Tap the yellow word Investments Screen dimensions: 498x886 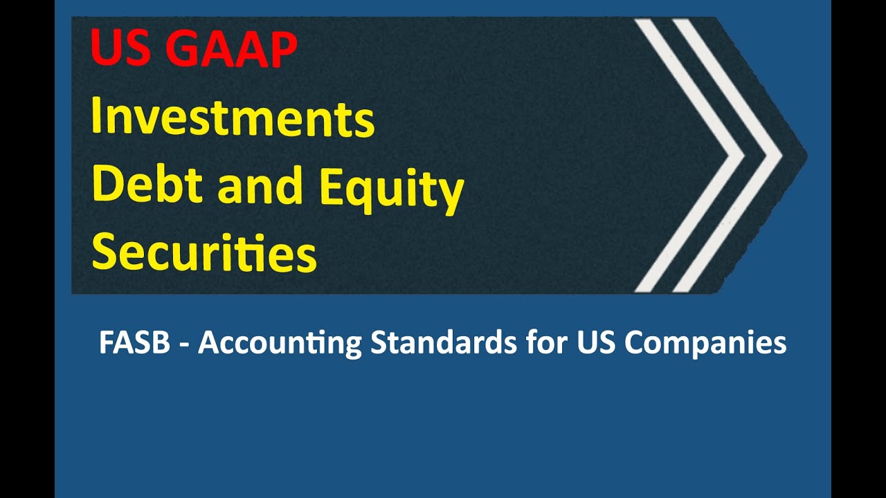pyautogui.click(x=233, y=118)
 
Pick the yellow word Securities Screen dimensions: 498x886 pyautogui.click(x=204, y=252)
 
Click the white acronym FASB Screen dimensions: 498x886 pyautogui.click(x=134, y=343)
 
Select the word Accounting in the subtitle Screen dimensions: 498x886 pyautogui.click(x=280, y=344)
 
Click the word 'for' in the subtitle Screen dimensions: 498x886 pyautogui.click(x=543, y=343)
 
